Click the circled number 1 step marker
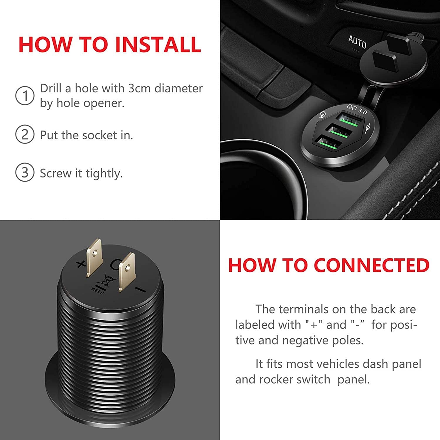[25, 96]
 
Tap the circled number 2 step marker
[25, 134]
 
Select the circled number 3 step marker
[25, 172]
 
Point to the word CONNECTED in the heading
[372, 265]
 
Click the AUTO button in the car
[357, 42]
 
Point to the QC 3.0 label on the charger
[357, 109]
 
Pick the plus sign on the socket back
[81, 264]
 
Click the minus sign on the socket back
[140, 290]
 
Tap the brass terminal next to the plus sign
[94, 257]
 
